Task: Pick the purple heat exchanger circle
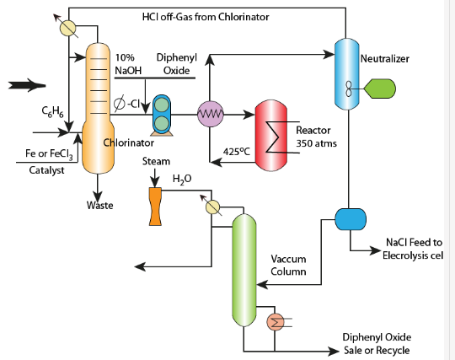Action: pos(209,114)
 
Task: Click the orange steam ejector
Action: pos(156,203)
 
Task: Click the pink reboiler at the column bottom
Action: pos(275,321)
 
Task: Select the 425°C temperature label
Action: pos(238,153)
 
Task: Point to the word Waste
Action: pos(100,206)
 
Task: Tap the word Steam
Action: pos(156,161)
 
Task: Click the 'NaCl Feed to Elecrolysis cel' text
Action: pos(413,248)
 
